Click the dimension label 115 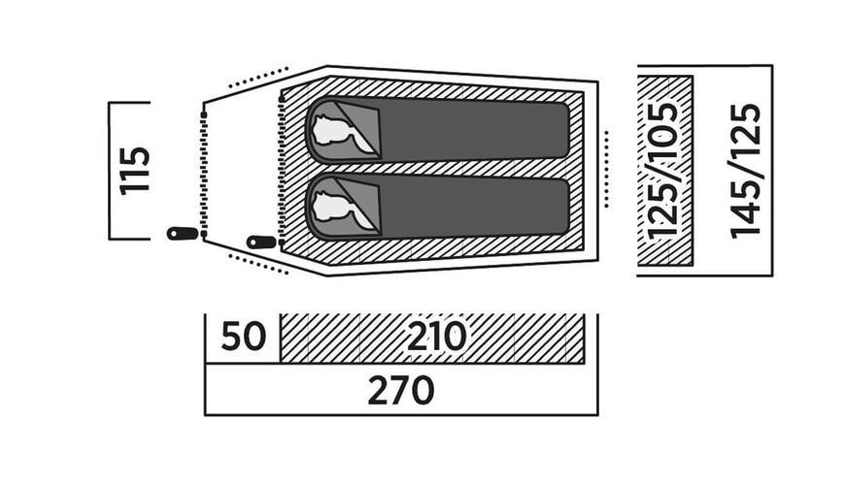pos(134,170)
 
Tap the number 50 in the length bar pos(244,337)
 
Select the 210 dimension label pos(436,337)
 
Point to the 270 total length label pos(401,390)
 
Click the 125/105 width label pos(661,170)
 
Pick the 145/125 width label pos(746,171)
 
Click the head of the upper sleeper pos(330,131)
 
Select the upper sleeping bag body pos(474,130)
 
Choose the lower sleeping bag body pos(474,206)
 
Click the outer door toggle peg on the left pos(184,234)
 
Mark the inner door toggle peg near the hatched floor pos(262,243)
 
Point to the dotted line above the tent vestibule pos(259,77)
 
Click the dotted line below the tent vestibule pos(259,264)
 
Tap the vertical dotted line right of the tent pos(607,169)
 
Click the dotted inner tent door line pos(281,168)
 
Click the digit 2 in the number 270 pos(378,390)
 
